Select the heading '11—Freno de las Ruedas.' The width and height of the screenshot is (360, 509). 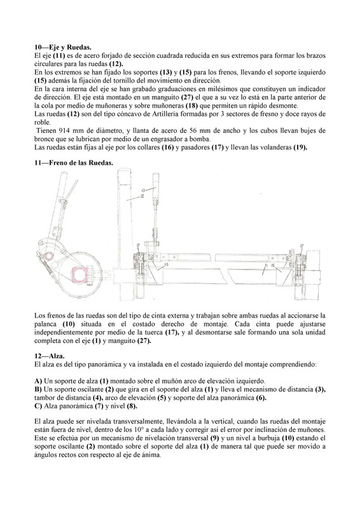pos(74,163)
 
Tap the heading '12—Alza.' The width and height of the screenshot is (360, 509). pos(50,356)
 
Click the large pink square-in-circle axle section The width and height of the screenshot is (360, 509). pos(80,275)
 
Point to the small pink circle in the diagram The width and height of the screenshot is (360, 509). pos(49,256)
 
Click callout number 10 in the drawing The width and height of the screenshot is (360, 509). pos(143,190)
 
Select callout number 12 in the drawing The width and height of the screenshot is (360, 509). pos(142,195)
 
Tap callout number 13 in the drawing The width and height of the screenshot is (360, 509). pos(166,265)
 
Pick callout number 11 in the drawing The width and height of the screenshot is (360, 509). pos(266,265)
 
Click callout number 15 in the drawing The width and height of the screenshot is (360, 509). pos(273,265)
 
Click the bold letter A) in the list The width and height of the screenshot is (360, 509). pos(38,380)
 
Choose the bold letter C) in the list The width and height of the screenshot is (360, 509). pos(38,406)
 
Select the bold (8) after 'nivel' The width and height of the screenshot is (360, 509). pos(132,406)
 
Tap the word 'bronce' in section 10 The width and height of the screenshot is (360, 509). pos(43,139)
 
